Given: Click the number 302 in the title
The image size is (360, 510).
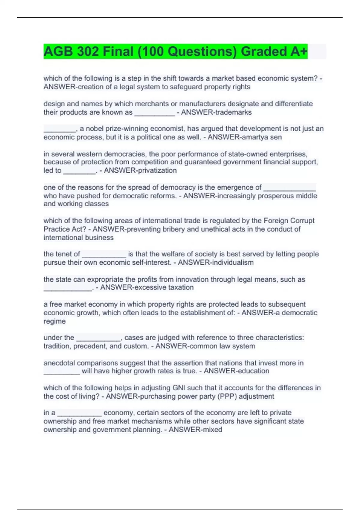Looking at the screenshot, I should (88, 52).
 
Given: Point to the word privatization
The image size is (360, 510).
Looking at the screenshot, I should (158, 170).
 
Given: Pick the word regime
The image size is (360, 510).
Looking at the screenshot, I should (55, 321).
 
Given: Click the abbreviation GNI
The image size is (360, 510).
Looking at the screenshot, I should (179, 388).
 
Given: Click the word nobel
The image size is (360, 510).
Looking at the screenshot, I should (94, 129).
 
